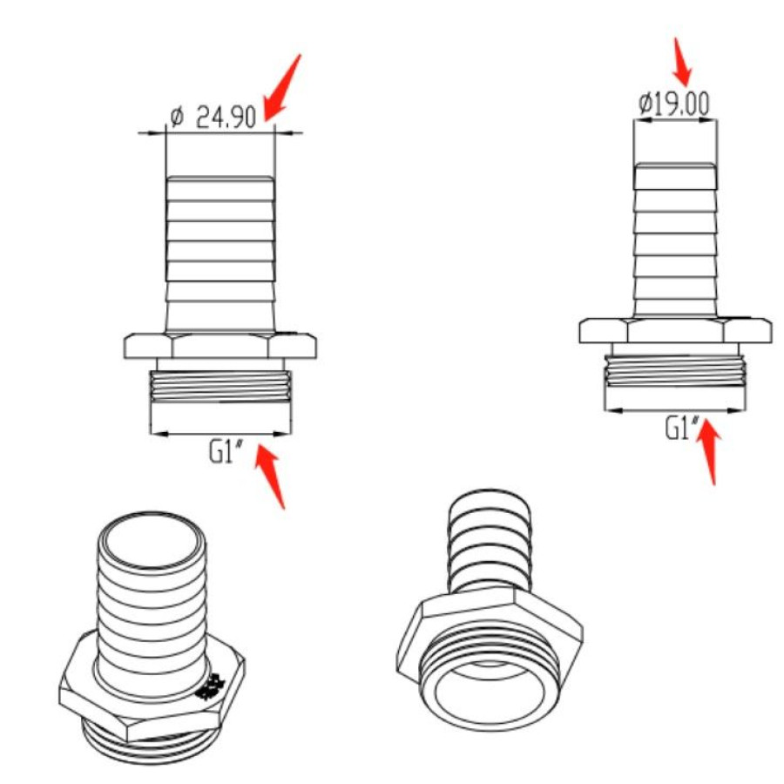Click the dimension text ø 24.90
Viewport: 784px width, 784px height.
click(x=213, y=117)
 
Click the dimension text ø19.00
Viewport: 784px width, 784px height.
click(x=674, y=104)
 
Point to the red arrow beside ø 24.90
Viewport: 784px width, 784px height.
click(x=282, y=87)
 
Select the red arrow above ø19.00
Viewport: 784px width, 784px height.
click(x=682, y=62)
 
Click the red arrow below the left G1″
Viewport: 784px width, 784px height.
click(x=270, y=476)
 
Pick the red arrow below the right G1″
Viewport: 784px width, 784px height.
click(x=710, y=452)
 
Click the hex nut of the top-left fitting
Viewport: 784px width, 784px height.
click(x=220, y=346)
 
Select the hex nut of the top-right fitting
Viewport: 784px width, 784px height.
click(x=675, y=330)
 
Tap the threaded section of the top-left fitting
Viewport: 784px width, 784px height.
click(x=220, y=387)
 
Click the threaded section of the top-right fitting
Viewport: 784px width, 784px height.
click(x=675, y=371)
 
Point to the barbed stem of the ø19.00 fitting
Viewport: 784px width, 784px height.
click(x=675, y=240)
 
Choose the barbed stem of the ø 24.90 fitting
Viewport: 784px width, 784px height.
click(x=220, y=254)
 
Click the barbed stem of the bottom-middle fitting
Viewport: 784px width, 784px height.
click(x=489, y=541)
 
